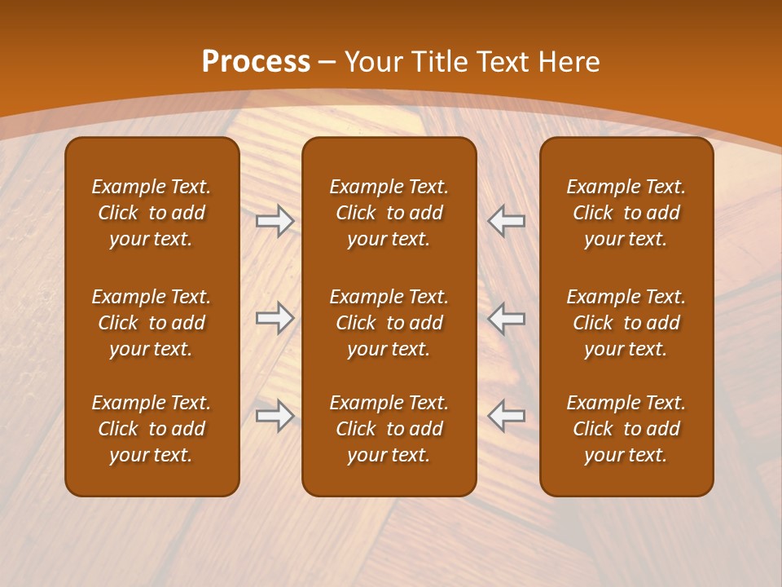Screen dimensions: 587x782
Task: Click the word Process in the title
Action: coord(256,62)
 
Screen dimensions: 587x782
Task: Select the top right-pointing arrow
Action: coord(275,221)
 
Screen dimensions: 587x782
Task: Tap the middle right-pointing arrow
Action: coord(275,318)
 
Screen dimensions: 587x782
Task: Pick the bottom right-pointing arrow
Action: coord(275,416)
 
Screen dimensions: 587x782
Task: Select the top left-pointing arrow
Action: coord(507,221)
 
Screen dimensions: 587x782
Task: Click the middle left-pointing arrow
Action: coord(507,318)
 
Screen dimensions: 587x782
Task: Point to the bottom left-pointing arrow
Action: coord(507,416)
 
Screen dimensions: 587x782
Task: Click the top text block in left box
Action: coord(152,213)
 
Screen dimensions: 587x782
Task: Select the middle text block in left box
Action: coord(152,323)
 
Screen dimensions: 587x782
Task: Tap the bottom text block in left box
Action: coord(152,429)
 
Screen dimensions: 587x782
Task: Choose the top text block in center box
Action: coord(389,213)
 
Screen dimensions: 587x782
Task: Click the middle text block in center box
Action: coord(389,323)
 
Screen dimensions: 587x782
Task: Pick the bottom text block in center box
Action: coord(389,429)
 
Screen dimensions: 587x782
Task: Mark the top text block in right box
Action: coord(626,213)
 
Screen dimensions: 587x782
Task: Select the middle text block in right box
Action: coord(626,323)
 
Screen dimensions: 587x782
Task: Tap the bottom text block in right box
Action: coord(626,429)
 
